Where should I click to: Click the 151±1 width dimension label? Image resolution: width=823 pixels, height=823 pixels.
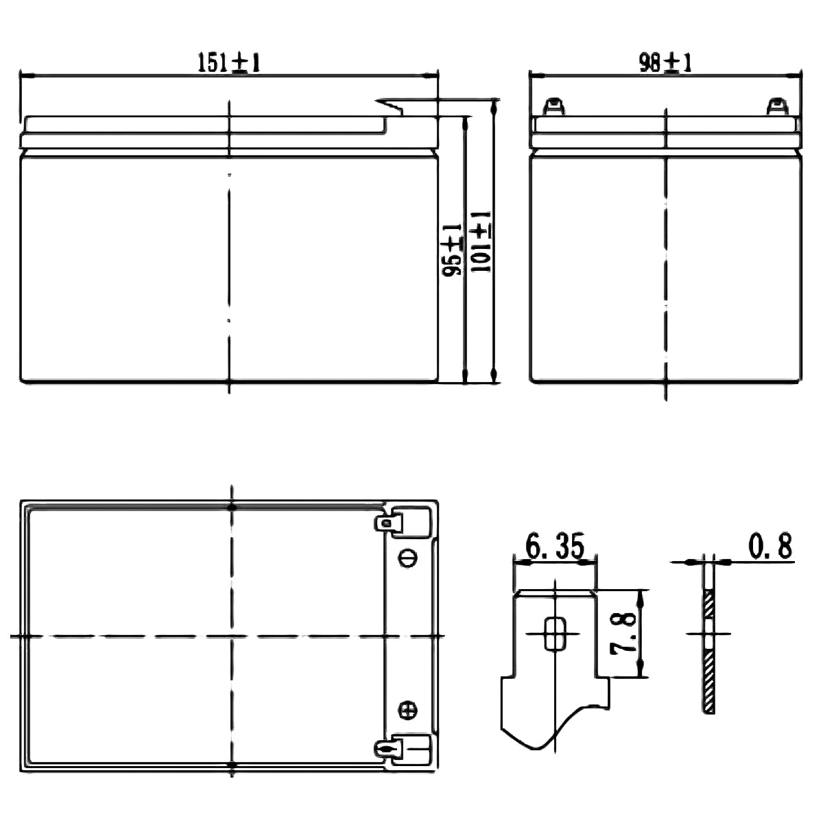click(x=229, y=63)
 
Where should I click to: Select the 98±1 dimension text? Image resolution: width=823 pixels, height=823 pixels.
click(x=665, y=63)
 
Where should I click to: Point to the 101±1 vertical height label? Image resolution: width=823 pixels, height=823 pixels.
click(x=480, y=243)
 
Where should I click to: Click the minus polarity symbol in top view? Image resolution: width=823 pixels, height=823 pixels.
click(x=407, y=559)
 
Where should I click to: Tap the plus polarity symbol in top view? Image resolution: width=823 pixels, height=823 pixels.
click(x=407, y=710)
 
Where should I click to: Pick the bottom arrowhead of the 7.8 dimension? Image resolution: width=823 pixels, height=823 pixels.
click(x=642, y=673)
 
